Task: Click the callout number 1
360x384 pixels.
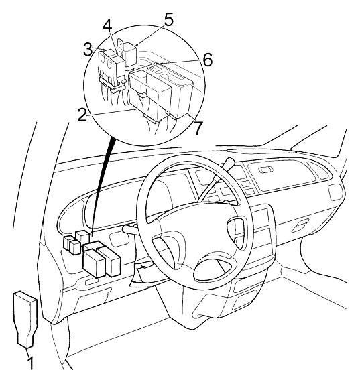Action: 31,363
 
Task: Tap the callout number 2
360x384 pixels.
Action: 82,115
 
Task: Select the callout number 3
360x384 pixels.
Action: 88,50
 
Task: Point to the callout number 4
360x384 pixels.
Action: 107,26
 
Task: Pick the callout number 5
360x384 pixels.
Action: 169,20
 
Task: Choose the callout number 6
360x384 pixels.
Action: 207,60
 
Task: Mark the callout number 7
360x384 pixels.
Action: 198,128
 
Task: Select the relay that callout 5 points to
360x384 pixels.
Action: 131,55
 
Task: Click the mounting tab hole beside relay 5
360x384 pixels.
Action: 120,44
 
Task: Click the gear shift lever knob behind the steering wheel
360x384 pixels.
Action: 229,163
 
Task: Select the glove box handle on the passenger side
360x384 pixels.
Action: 300,226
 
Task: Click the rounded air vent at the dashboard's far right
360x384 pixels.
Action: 335,192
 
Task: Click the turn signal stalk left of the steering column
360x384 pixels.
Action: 130,229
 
